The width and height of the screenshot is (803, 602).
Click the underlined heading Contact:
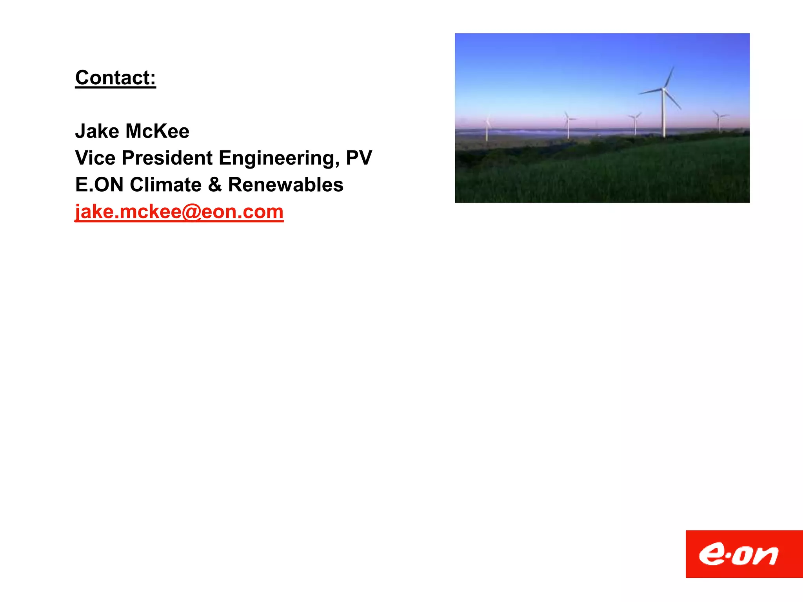click(115, 78)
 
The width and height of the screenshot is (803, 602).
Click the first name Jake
click(97, 131)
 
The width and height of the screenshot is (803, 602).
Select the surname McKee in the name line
click(157, 131)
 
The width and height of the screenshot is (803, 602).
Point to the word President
click(167, 158)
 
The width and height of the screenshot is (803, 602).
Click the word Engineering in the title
click(279, 158)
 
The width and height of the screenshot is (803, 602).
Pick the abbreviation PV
click(359, 158)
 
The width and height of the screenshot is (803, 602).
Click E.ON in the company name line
click(99, 185)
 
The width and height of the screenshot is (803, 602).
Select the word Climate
click(165, 185)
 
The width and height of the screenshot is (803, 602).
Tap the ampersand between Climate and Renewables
click(215, 185)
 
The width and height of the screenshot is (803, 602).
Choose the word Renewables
click(285, 185)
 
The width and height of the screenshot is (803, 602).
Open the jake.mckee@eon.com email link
click(179, 212)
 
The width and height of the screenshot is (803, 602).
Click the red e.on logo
click(744, 554)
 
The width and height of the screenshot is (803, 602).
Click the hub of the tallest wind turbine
click(663, 90)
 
